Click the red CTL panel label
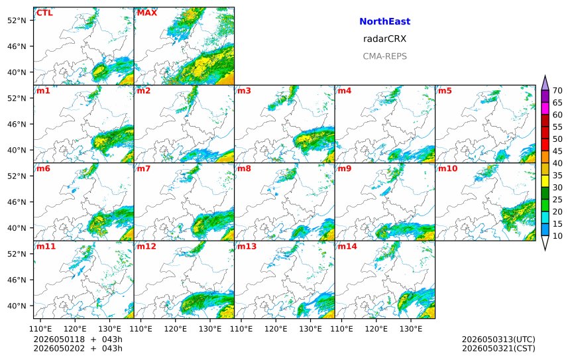point(44,13)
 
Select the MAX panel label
point(147,13)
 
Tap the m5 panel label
point(445,91)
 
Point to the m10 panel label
point(447,168)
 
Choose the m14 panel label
point(347,247)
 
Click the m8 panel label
point(244,168)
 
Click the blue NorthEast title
point(384,21)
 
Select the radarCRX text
point(384,39)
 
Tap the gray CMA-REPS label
point(384,56)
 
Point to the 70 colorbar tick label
point(557,91)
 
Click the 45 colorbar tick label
point(557,151)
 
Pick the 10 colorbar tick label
point(557,236)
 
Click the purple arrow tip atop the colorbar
point(545,76)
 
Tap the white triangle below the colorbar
point(545,243)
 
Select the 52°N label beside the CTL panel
point(17,21)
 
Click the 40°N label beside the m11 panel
point(17,306)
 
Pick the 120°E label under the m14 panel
point(376,329)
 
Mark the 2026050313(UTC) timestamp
point(498,339)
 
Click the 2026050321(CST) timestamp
point(498,348)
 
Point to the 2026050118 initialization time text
point(59,339)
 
